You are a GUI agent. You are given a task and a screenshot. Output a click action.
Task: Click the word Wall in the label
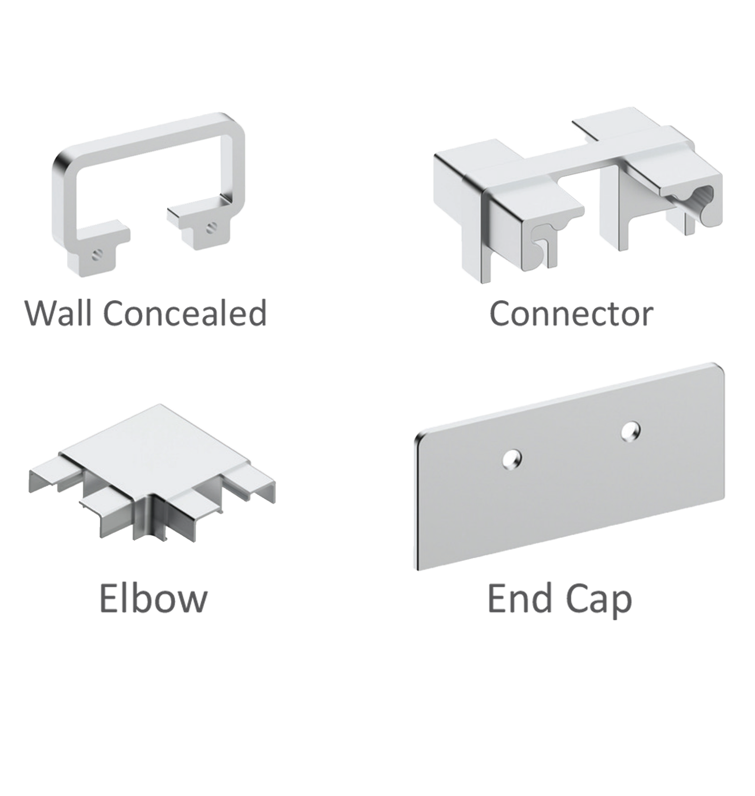tap(59, 313)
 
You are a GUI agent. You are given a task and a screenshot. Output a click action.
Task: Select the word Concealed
tap(185, 313)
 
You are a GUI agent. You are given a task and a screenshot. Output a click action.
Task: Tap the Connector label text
tap(571, 314)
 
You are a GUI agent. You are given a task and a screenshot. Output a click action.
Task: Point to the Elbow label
tap(153, 598)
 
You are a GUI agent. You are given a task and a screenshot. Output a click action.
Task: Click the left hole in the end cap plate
tap(512, 458)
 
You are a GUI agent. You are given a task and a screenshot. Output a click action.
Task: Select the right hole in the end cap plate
tap(630, 431)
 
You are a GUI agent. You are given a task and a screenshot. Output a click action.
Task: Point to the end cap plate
tap(570, 467)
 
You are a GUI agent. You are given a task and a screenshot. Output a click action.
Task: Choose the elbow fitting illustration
tap(152, 472)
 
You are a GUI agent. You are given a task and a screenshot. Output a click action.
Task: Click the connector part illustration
tap(578, 198)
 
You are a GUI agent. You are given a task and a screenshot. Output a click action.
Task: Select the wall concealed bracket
tap(148, 194)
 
